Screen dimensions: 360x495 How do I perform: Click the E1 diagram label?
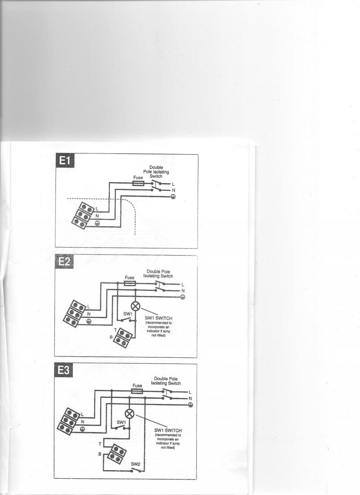(x=65, y=161)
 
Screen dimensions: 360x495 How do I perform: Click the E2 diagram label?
(x=64, y=261)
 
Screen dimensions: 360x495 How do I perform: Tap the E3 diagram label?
(x=63, y=370)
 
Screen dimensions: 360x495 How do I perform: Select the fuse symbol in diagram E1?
(x=138, y=184)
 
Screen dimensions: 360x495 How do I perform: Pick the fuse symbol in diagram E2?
(x=130, y=283)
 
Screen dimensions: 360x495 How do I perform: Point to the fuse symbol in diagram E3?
(x=137, y=391)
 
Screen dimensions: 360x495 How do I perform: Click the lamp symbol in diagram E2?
(x=135, y=306)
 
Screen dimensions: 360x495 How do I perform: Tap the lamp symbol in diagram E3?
(x=130, y=414)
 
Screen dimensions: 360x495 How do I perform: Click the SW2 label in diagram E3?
(x=135, y=464)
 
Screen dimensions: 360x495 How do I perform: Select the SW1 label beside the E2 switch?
(x=128, y=314)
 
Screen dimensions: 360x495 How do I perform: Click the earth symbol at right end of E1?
(x=173, y=196)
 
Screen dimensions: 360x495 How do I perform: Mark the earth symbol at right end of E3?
(x=190, y=405)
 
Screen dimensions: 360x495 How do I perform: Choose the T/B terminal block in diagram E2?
(x=122, y=338)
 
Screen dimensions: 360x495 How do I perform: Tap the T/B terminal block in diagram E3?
(x=117, y=454)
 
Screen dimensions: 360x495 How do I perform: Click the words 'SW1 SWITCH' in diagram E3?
(x=168, y=430)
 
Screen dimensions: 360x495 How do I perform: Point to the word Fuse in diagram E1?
(x=138, y=178)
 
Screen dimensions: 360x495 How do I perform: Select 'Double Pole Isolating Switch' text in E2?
(x=158, y=274)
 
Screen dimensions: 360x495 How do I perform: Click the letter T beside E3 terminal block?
(x=100, y=444)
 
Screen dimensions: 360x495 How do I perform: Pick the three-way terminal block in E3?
(x=69, y=422)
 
